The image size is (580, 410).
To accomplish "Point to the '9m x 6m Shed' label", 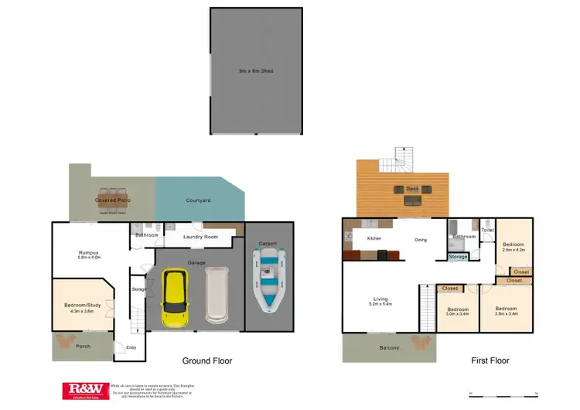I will coord(255,71).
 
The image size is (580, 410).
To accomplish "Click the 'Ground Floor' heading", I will coord(206,360).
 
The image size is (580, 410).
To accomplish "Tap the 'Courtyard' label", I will coord(199,201).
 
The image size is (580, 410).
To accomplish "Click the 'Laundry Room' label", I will coord(200,237).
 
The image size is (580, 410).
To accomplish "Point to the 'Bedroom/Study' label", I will coord(83,306).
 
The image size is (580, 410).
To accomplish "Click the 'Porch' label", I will coord(83,346).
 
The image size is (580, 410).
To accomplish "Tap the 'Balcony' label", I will coord(389,348).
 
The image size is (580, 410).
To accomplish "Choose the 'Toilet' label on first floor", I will coord(487,230).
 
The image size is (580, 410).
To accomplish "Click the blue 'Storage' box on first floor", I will coord(458,256).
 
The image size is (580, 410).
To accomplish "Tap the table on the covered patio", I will coord(114,200).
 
